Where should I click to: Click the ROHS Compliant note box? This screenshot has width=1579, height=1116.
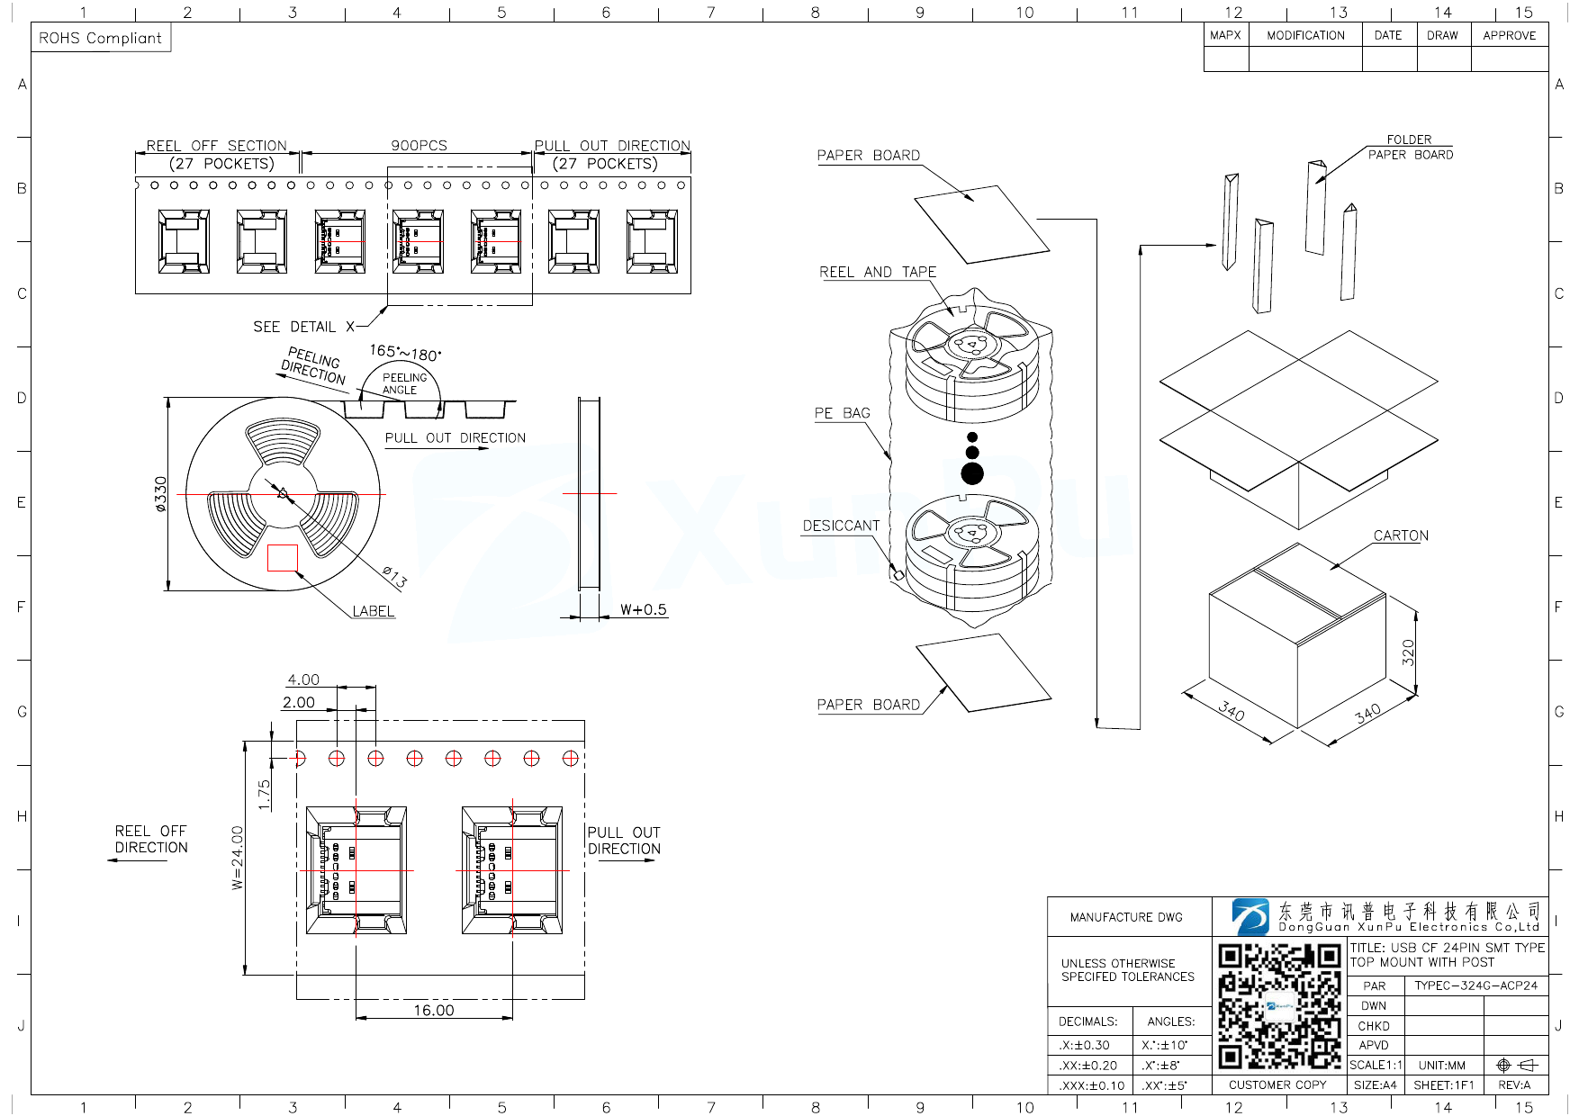pos(100,38)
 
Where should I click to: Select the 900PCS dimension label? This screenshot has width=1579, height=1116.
pos(419,145)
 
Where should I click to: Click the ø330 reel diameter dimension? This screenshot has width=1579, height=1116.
pos(161,494)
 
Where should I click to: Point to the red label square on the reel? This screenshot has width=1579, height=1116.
pos(283,558)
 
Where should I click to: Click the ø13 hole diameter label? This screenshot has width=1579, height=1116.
pos(394,577)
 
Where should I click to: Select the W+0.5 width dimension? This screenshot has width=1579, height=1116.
pos(644,609)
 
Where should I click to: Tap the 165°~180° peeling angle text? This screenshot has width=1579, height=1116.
pos(405,352)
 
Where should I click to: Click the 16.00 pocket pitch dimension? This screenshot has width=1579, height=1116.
pos(434,1010)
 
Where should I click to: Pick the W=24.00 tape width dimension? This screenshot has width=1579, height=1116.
pos(237,858)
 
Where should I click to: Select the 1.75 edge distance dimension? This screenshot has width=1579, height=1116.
pos(264,794)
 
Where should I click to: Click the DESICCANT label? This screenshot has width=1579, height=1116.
pos(841,526)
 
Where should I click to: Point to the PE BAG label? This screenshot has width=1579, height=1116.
pos(842,413)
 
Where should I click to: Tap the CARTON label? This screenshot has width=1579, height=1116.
pos(1401,535)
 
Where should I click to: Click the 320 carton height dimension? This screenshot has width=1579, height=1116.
pos(1408,652)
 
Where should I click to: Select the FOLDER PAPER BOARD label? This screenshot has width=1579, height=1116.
pos(1410,147)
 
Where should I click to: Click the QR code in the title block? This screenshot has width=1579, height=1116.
pos(1279,1005)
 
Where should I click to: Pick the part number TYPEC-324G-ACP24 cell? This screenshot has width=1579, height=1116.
pos(1475,985)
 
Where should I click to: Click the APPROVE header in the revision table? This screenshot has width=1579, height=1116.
pos(1509,35)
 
